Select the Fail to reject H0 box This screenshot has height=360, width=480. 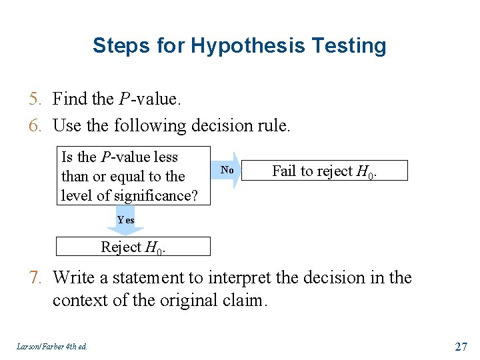pyautogui.click(x=323, y=171)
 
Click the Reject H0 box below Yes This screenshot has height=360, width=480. pyautogui.click(x=133, y=247)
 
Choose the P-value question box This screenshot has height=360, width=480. pyautogui.click(x=133, y=176)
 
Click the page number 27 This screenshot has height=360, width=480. pyautogui.click(x=460, y=346)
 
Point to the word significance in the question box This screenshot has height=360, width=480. pyautogui.click(x=154, y=195)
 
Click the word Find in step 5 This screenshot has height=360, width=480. pyautogui.click(x=69, y=99)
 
